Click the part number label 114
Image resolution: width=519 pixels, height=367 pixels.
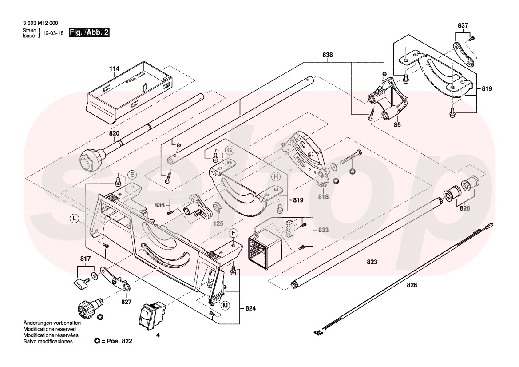115,69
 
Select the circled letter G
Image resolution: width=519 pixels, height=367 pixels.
229,150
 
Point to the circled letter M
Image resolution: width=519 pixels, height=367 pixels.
226,305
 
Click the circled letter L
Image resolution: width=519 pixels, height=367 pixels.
74,218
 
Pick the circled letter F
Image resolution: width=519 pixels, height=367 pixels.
233,233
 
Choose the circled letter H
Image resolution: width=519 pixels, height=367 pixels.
275,176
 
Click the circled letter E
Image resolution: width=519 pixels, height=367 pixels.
132,174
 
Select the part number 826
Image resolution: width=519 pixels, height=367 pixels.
412,285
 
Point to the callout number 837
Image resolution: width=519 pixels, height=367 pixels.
463,26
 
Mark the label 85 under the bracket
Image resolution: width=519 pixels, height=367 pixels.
397,125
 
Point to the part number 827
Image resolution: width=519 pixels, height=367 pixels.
127,302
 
